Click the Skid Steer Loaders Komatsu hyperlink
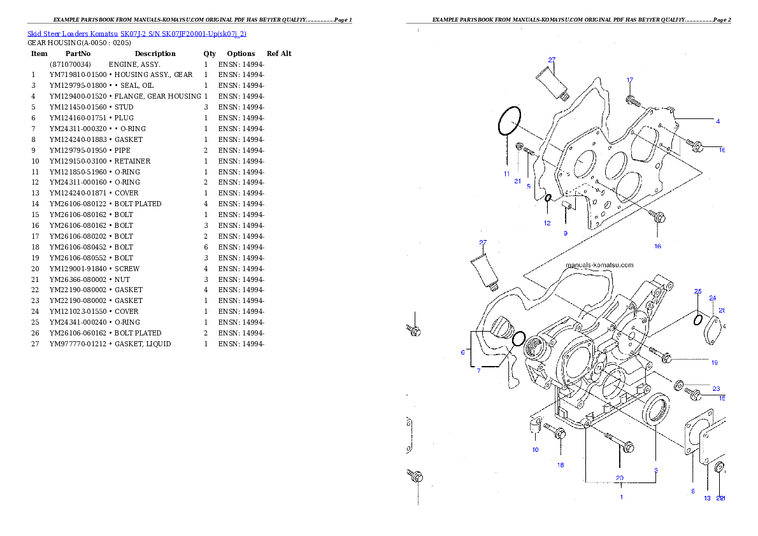(136, 33)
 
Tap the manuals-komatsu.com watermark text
(599, 265)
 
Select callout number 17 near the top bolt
(630, 80)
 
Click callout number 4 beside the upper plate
(718, 121)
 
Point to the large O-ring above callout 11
(510, 121)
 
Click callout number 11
(506, 173)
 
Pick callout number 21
(518, 181)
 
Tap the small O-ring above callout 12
(547, 198)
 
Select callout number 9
(565, 233)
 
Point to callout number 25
(698, 291)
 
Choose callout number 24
(712, 298)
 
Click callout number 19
(715, 362)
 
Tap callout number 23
(716, 388)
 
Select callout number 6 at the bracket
(463, 351)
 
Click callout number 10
(535, 449)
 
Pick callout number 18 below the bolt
(561, 465)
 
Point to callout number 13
(707, 498)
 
